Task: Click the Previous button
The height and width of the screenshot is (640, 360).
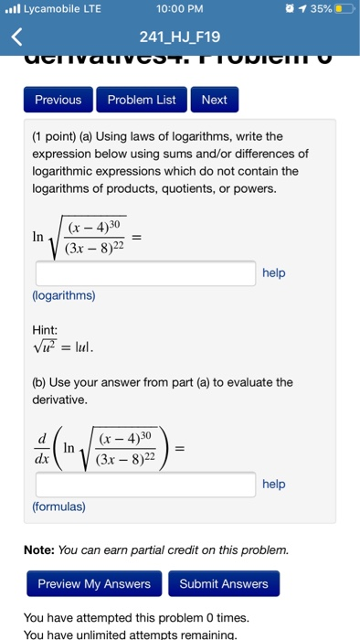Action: [58, 100]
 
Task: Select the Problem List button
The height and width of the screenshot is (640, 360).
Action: [142, 100]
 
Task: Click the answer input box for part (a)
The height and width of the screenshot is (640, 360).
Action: [145, 272]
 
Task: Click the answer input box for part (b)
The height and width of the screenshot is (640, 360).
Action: [145, 485]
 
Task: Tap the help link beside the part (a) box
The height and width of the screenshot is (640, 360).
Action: [274, 272]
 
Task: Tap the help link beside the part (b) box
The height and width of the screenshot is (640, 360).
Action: [274, 484]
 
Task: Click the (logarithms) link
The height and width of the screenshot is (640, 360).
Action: [63, 296]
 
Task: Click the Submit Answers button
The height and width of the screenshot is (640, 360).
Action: [224, 583]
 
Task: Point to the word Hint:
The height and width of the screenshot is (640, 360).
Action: [46, 329]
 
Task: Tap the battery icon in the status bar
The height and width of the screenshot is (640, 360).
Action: [343, 10]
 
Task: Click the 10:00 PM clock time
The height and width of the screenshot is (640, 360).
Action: [179, 10]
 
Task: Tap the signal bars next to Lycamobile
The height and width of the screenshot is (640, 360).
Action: [12, 10]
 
